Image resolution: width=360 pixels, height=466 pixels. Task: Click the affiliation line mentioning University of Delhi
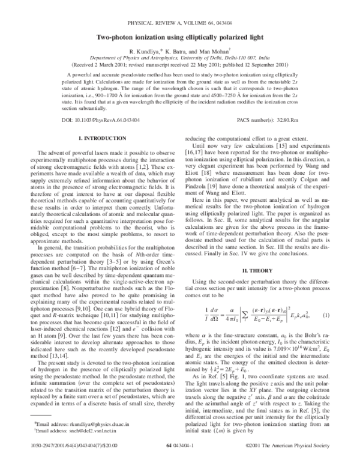click(179, 59)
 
